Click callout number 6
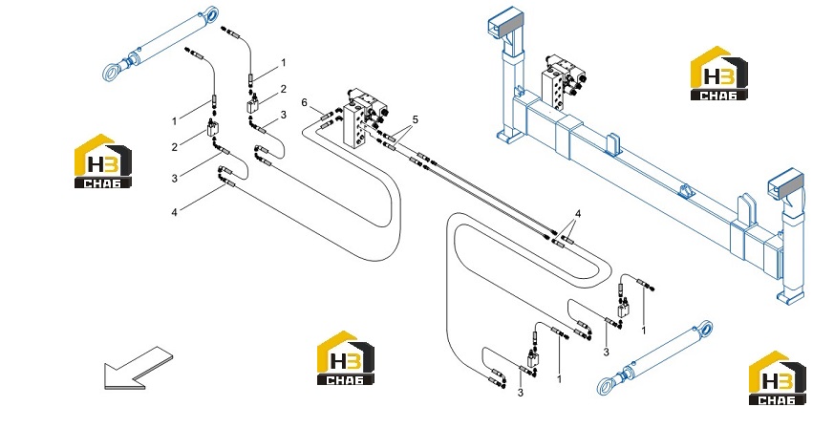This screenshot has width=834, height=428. pyautogui.click(x=304, y=102)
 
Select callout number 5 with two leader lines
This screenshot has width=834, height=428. pyautogui.click(x=415, y=120)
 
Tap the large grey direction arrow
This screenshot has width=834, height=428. pyautogui.click(x=139, y=368)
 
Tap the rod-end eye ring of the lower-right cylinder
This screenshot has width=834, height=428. pyautogui.click(x=606, y=385)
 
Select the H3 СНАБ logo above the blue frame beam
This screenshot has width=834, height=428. pyautogui.click(x=718, y=74)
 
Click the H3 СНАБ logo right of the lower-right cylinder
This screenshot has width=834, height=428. pyautogui.click(x=777, y=378)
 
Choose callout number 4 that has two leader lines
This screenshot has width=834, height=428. pyautogui.click(x=578, y=214)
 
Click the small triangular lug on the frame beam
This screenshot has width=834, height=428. pyautogui.click(x=686, y=192)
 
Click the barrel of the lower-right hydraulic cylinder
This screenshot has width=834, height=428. pyautogui.click(x=663, y=352)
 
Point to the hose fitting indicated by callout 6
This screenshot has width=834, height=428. pyautogui.click(x=327, y=115)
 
